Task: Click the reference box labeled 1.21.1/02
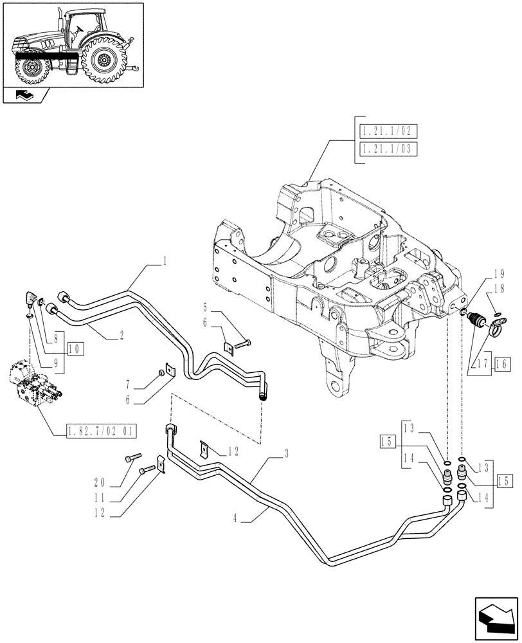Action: (386, 132)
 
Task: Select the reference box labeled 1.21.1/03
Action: (386, 150)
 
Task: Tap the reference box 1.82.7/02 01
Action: (100, 431)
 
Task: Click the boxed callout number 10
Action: (75, 349)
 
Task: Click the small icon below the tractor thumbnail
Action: (27, 96)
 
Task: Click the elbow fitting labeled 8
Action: (30, 298)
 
